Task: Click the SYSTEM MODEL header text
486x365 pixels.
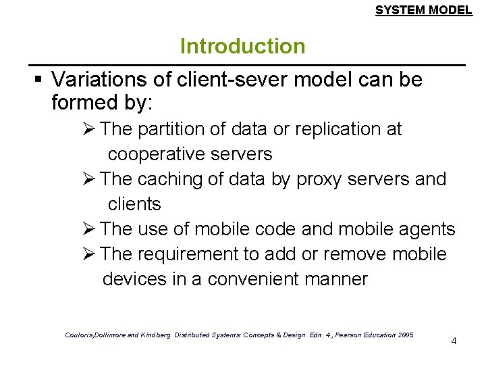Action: click(423, 10)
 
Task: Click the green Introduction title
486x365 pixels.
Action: click(242, 47)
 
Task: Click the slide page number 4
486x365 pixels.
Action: click(454, 341)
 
